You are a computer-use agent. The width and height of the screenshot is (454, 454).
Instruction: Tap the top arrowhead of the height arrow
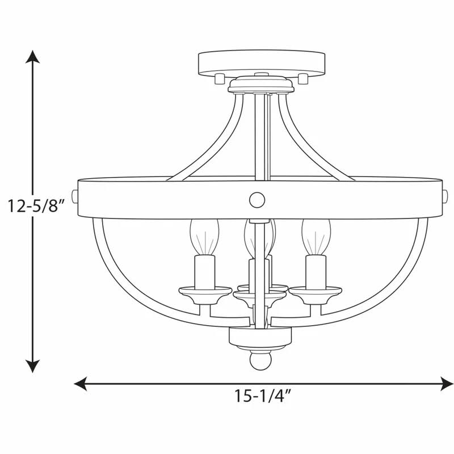click(x=33, y=57)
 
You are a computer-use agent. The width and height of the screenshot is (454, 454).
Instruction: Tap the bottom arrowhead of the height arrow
click(x=33, y=365)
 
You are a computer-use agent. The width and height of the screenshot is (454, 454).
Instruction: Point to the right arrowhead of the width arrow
click(x=447, y=384)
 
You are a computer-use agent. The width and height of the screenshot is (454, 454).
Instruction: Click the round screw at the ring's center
click(x=257, y=199)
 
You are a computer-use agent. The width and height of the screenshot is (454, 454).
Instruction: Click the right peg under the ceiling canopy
click(x=303, y=78)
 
